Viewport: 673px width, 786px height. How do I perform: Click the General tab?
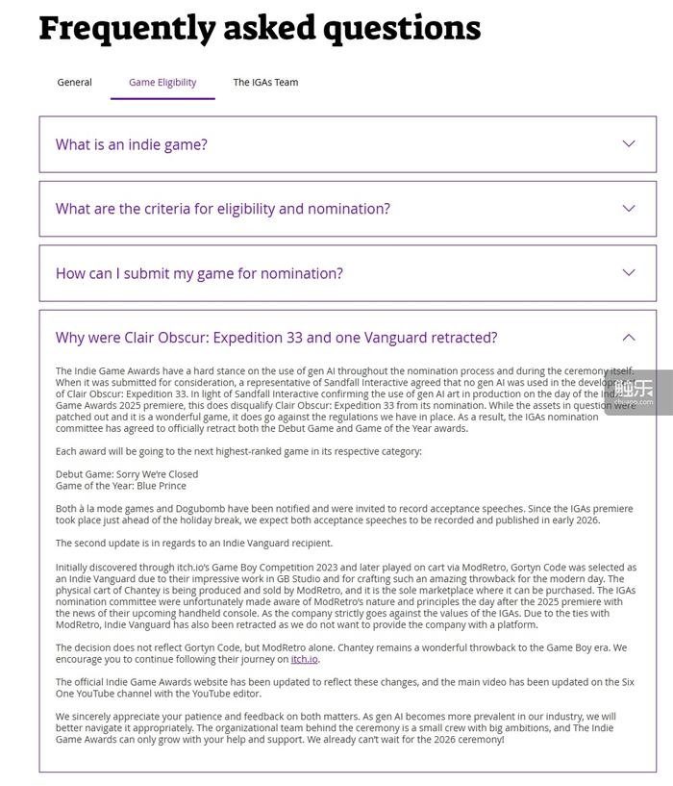tap(74, 83)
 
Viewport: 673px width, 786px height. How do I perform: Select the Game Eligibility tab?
tap(162, 83)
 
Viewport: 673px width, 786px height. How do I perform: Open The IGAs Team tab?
tap(265, 83)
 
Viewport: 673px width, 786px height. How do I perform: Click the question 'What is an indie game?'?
tap(132, 144)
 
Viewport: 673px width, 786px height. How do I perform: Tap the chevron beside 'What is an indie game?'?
tap(629, 144)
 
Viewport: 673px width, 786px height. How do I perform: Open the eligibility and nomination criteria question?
tap(223, 209)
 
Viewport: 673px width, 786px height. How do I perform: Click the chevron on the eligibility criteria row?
tap(629, 209)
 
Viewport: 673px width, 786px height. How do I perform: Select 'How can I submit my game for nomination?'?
tap(199, 273)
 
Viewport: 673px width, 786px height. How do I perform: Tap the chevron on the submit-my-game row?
tap(629, 273)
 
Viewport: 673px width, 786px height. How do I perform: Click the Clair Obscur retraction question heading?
tap(277, 338)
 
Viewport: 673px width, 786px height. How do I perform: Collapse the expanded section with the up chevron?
tap(629, 338)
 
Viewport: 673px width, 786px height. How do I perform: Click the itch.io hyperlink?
tap(305, 659)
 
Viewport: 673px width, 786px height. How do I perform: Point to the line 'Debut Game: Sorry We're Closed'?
tap(127, 474)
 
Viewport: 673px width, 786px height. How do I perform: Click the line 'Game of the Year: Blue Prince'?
tap(121, 486)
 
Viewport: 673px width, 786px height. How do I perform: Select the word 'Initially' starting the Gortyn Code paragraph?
tap(76, 568)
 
